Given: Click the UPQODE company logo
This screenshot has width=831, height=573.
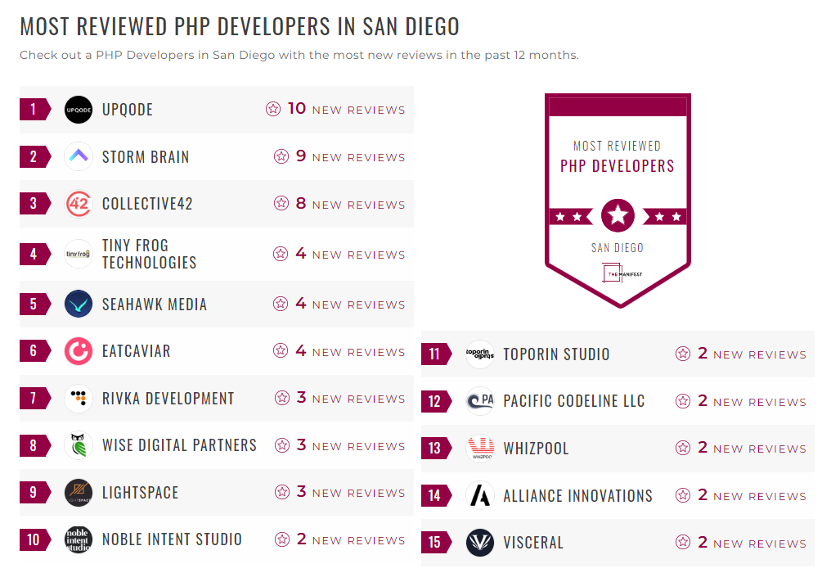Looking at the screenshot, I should click(79, 110).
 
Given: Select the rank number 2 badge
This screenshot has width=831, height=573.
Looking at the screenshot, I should click(34, 157).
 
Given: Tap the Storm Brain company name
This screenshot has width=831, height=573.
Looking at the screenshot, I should click(146, 157).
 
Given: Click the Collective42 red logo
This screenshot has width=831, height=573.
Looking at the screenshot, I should click(79, 204).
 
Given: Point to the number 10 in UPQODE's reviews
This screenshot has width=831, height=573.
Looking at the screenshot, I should click(296, 109).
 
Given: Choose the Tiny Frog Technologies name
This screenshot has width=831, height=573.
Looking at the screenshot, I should click(149, 254).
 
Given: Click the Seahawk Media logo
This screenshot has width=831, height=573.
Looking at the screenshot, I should click(79, 304).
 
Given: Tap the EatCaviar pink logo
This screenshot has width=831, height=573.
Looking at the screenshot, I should click(79, 351).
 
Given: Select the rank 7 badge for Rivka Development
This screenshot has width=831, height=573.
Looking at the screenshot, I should click(34, 399).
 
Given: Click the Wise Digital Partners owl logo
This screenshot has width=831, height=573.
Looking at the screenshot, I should click(79, 446).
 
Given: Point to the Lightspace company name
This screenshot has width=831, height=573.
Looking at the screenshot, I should click(140, 493).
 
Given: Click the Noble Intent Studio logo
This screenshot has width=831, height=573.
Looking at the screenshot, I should click(79, 539).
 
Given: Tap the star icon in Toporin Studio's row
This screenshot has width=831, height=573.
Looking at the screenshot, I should click(683, 354).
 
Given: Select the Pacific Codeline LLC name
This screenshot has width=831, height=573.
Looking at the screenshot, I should click(573, 401).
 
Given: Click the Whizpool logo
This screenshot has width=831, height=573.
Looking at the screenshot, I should click(480, 449).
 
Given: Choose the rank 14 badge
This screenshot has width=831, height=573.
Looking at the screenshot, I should click(435, 496).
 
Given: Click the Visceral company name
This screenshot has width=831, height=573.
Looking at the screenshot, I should click(533, 543).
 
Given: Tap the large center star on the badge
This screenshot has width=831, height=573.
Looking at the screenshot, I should click(618, 216).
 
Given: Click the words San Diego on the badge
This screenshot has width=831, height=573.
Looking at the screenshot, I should click(618, 248).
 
